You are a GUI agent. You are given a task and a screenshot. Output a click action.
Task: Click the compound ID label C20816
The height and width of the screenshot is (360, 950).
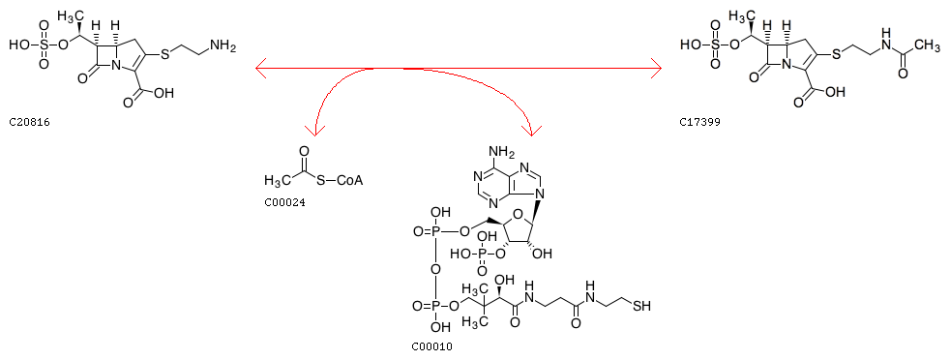click(30, 123)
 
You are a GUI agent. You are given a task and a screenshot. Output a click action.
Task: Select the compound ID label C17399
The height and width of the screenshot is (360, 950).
click(700, 123)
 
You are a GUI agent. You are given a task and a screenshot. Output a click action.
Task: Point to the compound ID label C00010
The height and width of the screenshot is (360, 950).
click(431, 347)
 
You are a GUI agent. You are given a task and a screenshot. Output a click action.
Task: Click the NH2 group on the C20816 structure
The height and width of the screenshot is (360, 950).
click(220, 46)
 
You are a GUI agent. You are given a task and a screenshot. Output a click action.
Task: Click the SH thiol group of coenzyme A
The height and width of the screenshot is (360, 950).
click(641, 307)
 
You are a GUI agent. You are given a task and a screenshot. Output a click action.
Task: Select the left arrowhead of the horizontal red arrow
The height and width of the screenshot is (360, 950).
click(261, 69)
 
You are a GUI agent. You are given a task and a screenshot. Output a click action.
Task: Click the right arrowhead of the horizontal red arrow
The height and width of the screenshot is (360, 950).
click(655, 69)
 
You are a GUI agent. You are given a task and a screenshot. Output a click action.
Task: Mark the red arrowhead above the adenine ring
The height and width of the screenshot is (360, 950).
click(532, 130)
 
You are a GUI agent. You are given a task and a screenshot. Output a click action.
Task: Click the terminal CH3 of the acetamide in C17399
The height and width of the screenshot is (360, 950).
click(927, 45)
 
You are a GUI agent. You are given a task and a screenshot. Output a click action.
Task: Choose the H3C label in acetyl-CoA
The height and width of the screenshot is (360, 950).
click(278, 180)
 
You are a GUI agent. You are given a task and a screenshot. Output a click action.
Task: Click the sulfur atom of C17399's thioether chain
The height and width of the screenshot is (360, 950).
click(837, 55)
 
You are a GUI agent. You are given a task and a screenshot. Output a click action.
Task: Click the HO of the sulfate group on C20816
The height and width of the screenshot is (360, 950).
click(18, 45)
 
